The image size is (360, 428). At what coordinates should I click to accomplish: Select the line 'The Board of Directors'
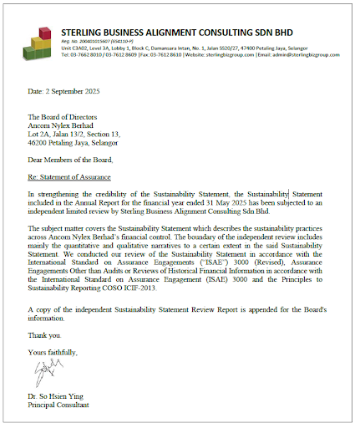[x=63, y=117]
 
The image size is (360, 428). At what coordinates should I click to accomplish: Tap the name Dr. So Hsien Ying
[x=56, y=396]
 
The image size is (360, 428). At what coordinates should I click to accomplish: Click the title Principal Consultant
[x=58, y=405]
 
